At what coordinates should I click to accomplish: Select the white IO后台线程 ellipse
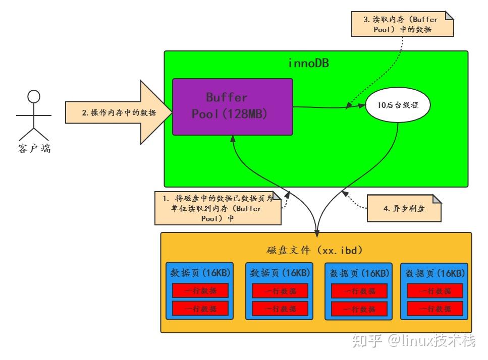[398, 105]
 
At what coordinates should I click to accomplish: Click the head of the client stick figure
[33, 96]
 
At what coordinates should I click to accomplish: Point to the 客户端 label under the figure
[34, 149]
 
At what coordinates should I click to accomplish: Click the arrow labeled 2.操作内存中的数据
[119, 112]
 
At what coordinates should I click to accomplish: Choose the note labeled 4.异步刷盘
[404, 208]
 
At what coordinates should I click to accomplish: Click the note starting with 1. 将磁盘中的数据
[218, 208]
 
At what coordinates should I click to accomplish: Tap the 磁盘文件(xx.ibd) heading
[315, 250]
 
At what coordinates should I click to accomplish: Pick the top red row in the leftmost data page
[200, 290]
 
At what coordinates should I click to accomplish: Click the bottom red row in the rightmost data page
[435, 309]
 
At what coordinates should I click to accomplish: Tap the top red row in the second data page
[280, 291]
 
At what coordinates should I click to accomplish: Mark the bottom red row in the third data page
[359, 308]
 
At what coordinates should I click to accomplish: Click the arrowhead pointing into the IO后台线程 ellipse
[362, 105]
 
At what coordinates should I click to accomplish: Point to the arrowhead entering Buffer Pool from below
[232, 138]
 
